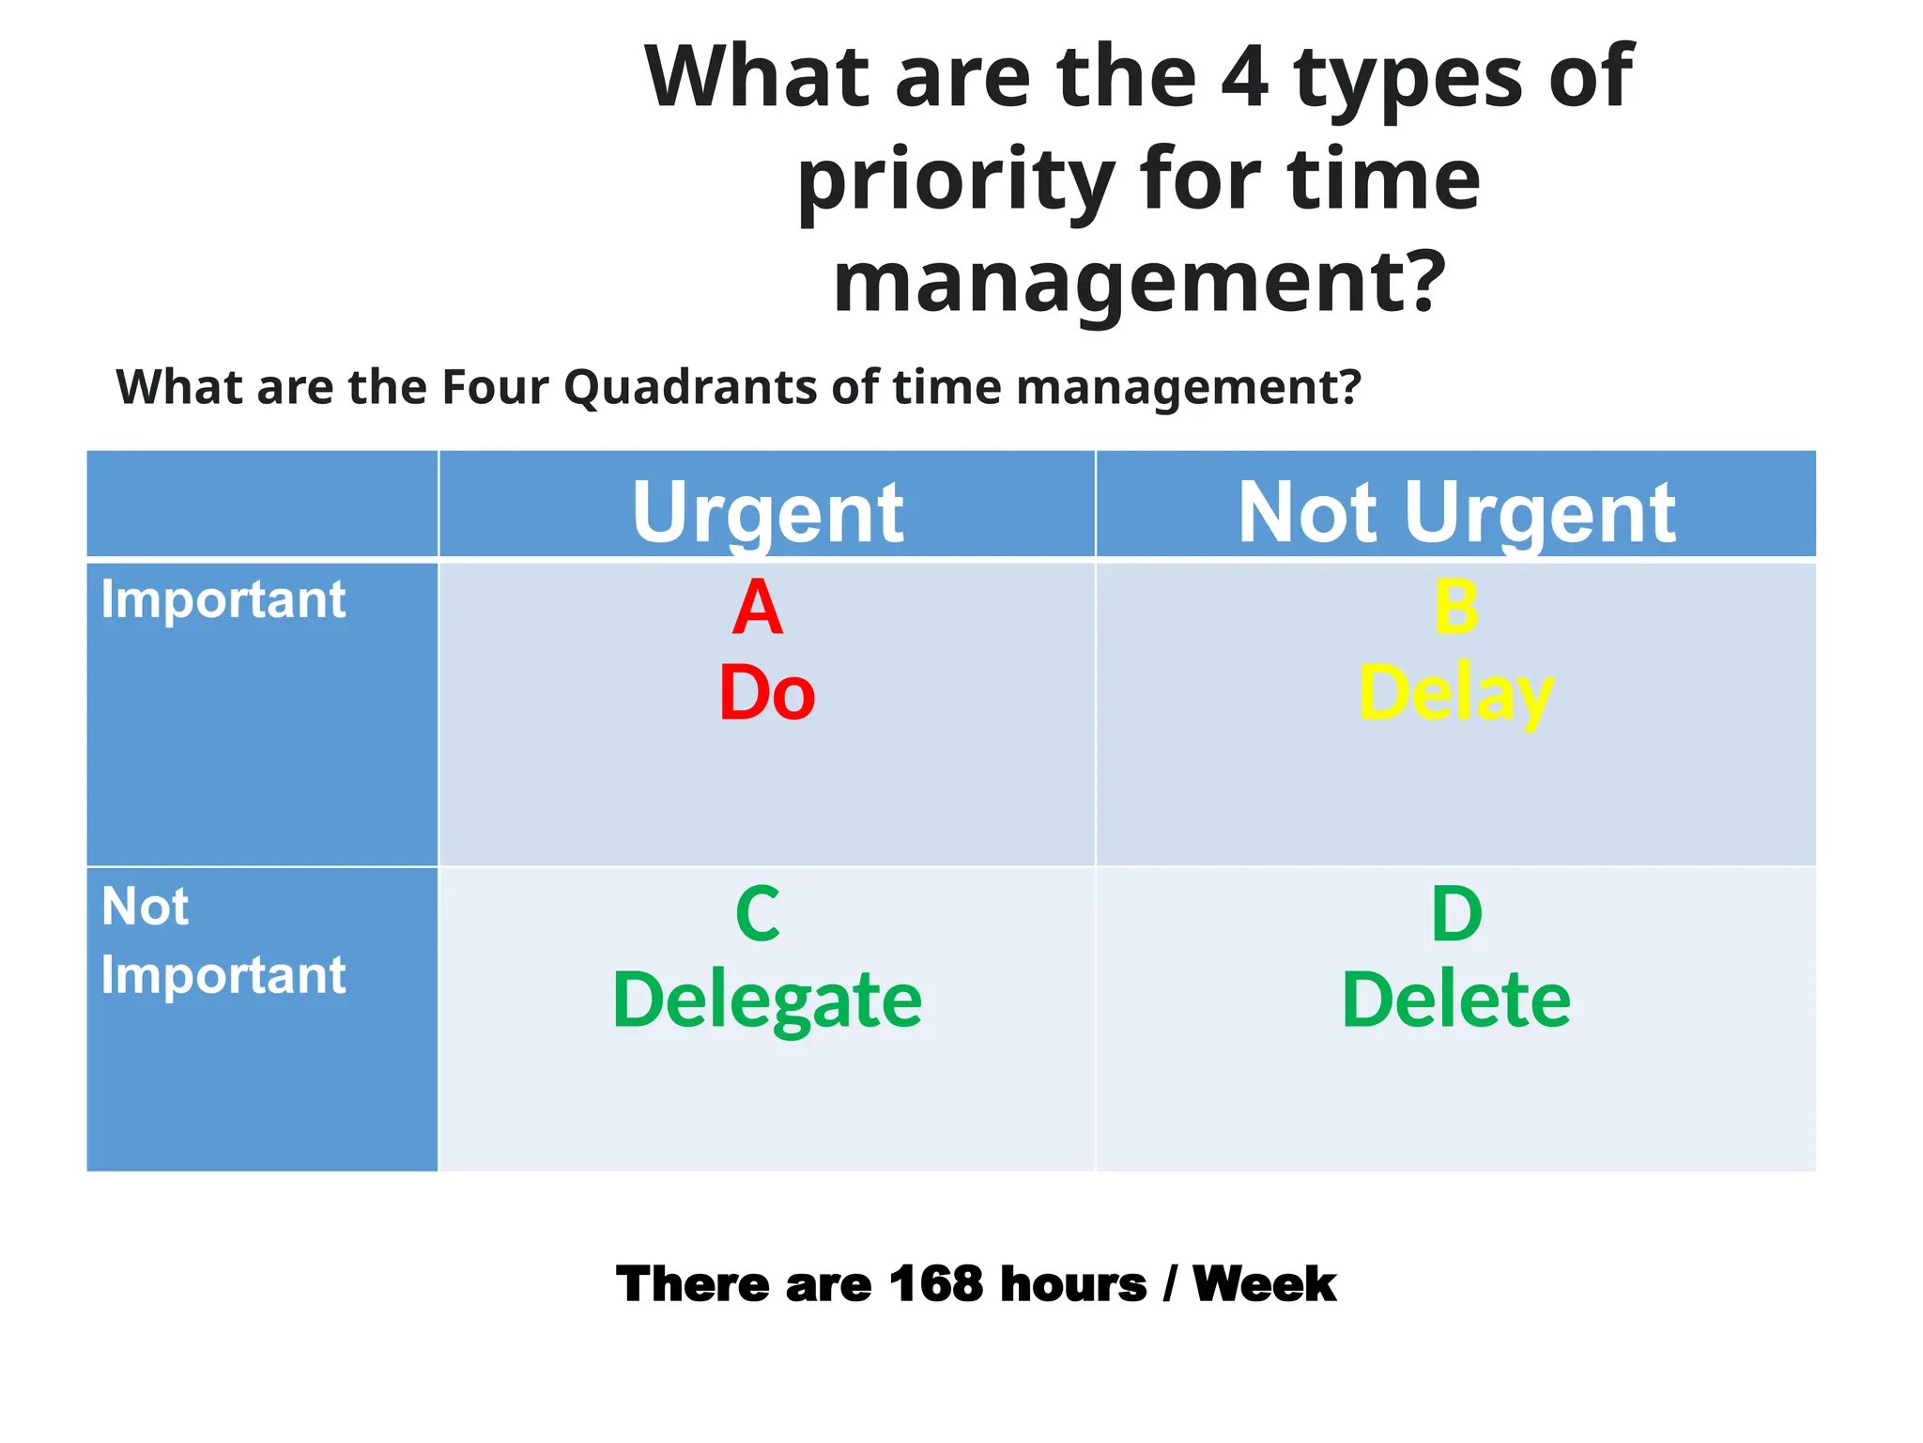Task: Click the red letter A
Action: click(x=757, y=608)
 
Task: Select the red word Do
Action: click(x=766, y=693)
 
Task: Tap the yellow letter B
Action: click(x=1456, y=608)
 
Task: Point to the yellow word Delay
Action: click(x=1456, y=693)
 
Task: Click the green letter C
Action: click(x=758, y=914)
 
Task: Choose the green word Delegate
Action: click(x=766, y=1000)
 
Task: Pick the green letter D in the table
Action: click(x=1456, y=914)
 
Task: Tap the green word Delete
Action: click(x=1456, y=1000)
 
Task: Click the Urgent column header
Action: click(x=767, y=512)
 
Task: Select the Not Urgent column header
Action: click(x=1456, y=512)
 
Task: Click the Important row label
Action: click(x=223, y=599)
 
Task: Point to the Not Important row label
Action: click(x=223, y=940)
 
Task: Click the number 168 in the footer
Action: click(x=935, y=1283)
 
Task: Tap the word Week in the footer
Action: click(x=1264, y=1283)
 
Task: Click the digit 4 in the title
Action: click(x=1245, y=77)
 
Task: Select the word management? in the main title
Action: click(x=1139, y=281)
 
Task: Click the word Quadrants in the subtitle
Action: click(x=690, y=386)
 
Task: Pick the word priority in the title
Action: click(x=956, y=180)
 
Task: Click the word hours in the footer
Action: click(x=1072, y=1283)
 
